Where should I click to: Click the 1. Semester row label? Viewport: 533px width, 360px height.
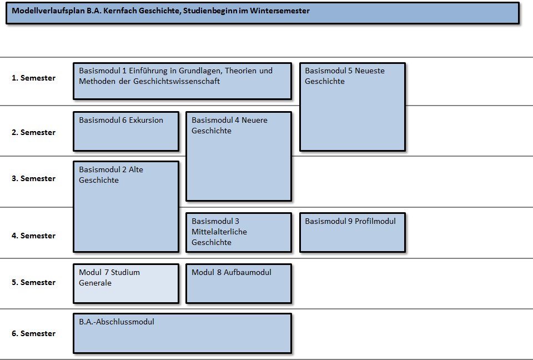point(33,78)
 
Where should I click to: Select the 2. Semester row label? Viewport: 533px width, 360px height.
point(33,132)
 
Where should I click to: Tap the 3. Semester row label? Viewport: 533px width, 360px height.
point(33,179)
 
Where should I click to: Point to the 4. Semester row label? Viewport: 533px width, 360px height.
point(33,236)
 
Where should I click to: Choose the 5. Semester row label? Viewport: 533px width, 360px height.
point(33,282)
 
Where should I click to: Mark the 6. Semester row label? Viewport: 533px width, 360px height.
point(33,333)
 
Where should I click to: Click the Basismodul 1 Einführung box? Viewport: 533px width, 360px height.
point(183,81)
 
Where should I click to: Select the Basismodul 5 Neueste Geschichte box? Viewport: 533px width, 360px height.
point(353,107)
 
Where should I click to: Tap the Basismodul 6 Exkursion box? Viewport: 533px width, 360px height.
point(126,131)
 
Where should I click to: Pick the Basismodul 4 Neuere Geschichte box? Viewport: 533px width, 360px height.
point(239,157)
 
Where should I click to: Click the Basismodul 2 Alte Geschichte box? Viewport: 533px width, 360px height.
point(126,207)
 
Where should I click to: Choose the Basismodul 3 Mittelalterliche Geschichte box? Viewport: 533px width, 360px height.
point(239,233)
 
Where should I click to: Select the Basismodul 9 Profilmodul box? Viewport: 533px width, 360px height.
point(353,233)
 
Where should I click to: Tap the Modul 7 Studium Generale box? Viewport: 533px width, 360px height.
point(126,284)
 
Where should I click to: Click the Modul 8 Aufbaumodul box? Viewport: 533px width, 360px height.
point(239,284)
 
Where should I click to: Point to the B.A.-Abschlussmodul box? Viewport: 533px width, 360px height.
point(183,333)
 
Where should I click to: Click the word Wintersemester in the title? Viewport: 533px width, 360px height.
point(280,11)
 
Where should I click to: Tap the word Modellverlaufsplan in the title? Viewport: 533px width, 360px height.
point(48,11)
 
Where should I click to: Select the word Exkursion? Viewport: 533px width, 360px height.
point(146,120)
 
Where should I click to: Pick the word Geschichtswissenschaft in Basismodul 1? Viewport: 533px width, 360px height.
point(177,81)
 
